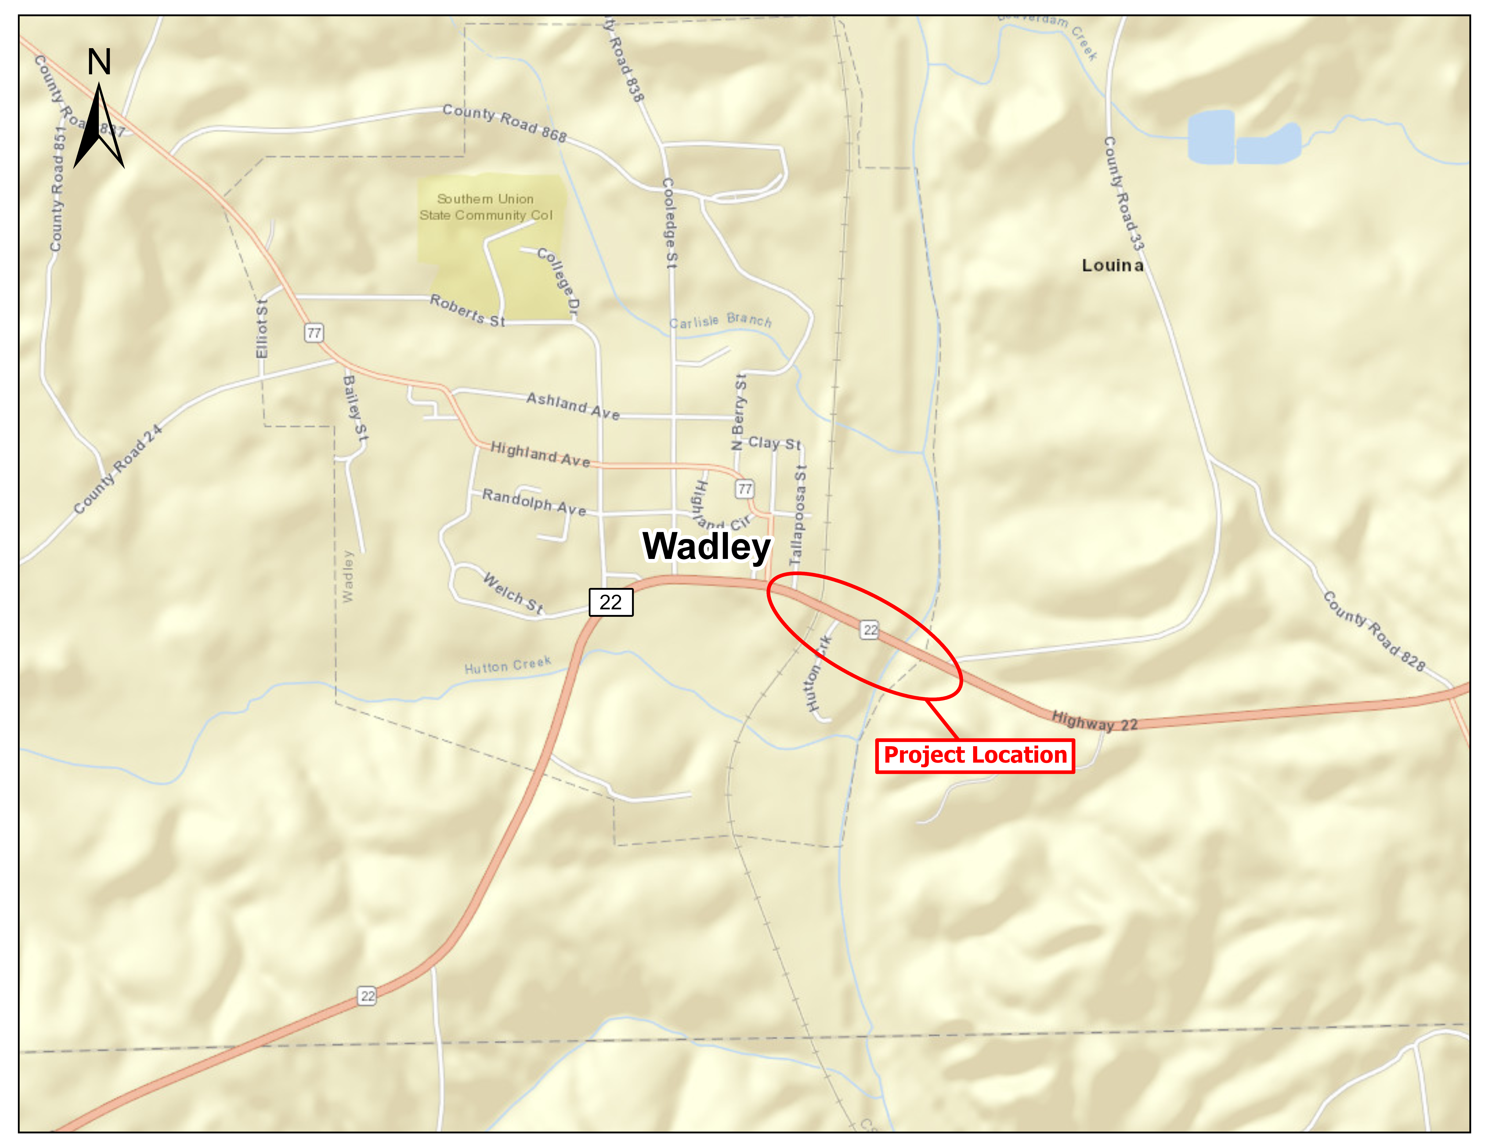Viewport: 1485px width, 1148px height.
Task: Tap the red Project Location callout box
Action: click(974, 756)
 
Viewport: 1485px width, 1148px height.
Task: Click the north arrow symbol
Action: click(99, 122)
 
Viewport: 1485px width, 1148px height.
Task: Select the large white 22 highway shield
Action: click(611, 602)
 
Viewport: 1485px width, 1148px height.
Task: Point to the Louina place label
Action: click(1112, 265)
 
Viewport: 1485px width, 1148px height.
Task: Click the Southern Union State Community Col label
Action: click(486, 207)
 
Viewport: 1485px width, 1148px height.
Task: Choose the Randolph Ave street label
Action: click(534, 502)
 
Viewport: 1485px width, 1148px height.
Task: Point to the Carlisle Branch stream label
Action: click(721, 320)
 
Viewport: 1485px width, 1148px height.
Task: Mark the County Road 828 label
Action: click(1373, 630)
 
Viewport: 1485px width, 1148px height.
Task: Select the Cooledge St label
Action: click(670, 223)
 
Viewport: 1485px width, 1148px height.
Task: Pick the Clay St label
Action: click(774, 443)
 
